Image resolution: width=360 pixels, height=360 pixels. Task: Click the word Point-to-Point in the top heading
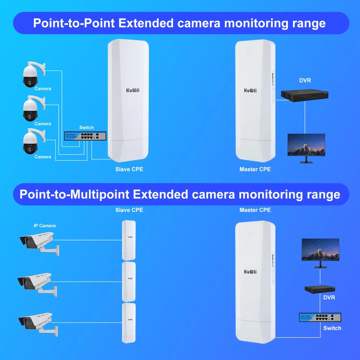74,23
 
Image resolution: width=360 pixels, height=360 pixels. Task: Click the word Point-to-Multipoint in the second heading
74,194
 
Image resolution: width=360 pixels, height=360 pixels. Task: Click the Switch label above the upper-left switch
86,127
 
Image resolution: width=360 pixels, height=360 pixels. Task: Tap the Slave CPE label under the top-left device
129,169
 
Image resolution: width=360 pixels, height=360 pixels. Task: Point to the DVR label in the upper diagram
305,81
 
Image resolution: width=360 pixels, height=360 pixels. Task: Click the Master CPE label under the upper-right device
255,169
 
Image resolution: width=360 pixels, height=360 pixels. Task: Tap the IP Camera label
45,226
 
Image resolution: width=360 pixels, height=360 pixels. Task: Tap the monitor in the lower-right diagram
320,251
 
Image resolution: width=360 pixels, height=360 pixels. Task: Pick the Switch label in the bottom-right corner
332,328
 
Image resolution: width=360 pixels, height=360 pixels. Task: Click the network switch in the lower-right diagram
320,317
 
